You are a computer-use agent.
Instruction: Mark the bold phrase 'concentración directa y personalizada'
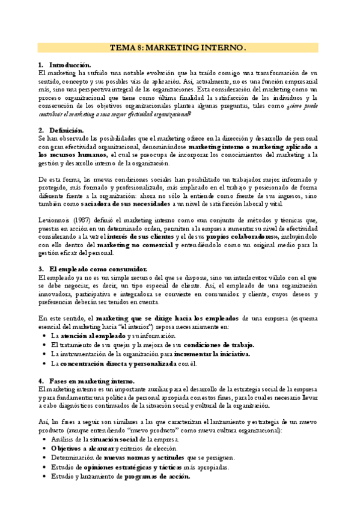tap(115, 364)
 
